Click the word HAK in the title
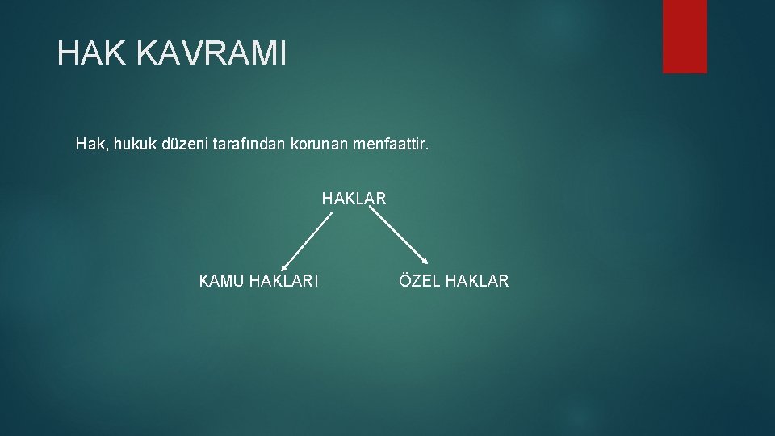pyautogui.click(x=91, y=53)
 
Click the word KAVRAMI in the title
pyautogui.click(x=211, y=53)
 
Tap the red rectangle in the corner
pyautogui.click(x=685, y=36)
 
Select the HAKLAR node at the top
pyautogui.click(x=354, y=199)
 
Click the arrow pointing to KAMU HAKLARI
pyautogui.click(x=307, y=241)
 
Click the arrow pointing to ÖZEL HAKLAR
pyautogui.click(x=398, y=235)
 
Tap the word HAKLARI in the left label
pyautogui.click(x=283, y=281)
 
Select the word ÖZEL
pyautogui.click(x=419, y=280)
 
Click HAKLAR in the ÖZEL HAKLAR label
pyautogui.click(x=477, y=281)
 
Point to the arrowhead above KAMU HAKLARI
pyautogui.click(x=283, y=268)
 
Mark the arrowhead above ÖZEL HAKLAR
pyautogui.click(x=425, y=261)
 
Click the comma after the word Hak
pyautogui.click(x=107, y=149)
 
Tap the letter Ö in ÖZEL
pyautogui.click(x=404, y=280)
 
